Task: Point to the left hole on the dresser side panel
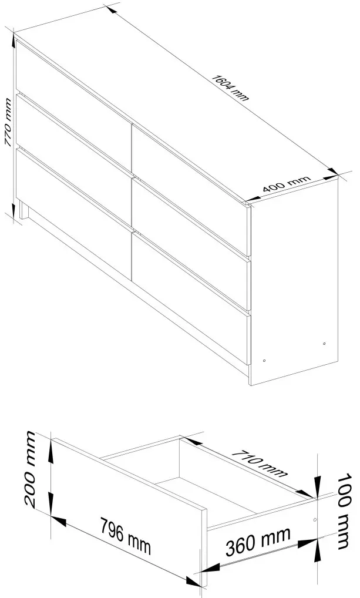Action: [265, 360]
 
